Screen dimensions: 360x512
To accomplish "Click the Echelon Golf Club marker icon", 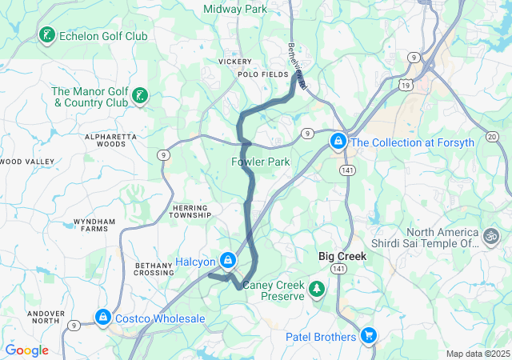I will (47, 35).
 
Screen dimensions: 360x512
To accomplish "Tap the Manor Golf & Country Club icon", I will (140, 96).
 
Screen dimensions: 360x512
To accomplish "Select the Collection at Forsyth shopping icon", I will (338, 142).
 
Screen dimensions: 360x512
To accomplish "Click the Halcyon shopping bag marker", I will (229, 261).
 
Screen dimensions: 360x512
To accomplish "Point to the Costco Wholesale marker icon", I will (102, 318).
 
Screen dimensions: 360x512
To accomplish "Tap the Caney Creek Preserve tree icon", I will (318, 288).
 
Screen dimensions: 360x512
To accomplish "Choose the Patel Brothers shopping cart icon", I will (368, 336).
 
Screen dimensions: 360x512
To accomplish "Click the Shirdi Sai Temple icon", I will (489, 236).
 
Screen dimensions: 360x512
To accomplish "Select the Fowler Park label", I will (260, 162).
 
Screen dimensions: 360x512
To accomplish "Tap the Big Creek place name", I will (342, 257).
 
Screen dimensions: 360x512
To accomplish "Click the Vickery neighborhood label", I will (234, 61).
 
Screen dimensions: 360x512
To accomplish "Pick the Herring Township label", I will (191, 210).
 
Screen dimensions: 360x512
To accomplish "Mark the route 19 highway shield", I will (407, 83).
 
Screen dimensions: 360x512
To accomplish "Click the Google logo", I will (26, 350).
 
